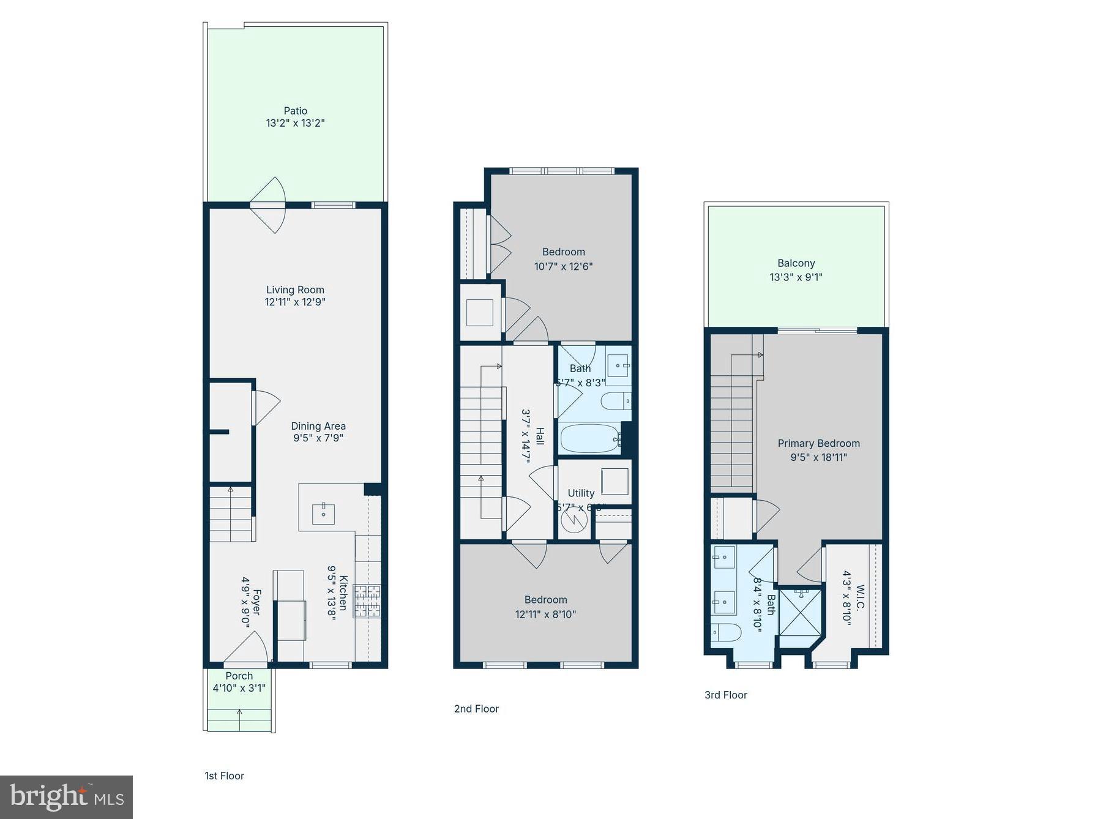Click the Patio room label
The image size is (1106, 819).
pyautogui.click(x=295, y=111)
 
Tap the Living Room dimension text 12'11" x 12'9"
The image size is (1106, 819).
pyautogui.click(x=294, y=302)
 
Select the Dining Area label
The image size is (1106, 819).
pyautogui.click(x=318, y=426)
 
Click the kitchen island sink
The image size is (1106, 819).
pyautogui.click(x=323, y=514)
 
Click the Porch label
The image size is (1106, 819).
pyautogui.click(x=239, y=676)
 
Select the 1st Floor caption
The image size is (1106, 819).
pyautogui.click(x=224, y=776)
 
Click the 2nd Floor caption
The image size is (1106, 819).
pyautogui.click(x=476, y=709)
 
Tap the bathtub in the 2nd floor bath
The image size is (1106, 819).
pyautogui.click(x=589, y=438)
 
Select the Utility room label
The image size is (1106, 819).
pyautogui.click(x=581, y=493)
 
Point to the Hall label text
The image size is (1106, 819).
pyautogui.click(x=540, y=436)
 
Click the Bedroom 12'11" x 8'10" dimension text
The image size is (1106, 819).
pyautogui.click(x=545, y=614)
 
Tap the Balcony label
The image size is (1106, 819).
pyautogui.click(x=796, y=263)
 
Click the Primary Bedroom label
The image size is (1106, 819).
pyautogui.click(x=818, y=443)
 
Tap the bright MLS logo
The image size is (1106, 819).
pyautogui.click(x=66, y=797)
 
